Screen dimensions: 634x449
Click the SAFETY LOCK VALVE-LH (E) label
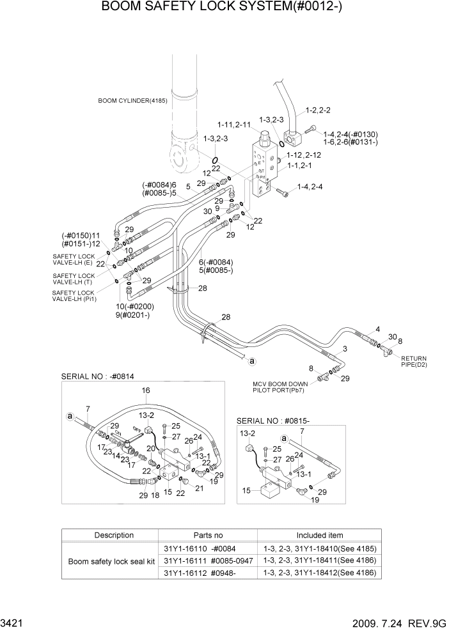73,259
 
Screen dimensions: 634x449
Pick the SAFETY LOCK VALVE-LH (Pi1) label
74,296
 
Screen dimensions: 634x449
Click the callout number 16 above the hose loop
145,390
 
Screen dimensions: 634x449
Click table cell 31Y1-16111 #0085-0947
208,561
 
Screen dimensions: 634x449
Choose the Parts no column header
208,535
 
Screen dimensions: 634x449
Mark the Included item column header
319,535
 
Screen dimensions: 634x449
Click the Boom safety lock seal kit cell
109,561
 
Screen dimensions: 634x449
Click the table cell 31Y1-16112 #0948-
208,573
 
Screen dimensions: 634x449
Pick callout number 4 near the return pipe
377,329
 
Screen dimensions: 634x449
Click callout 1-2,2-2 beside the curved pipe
317,110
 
